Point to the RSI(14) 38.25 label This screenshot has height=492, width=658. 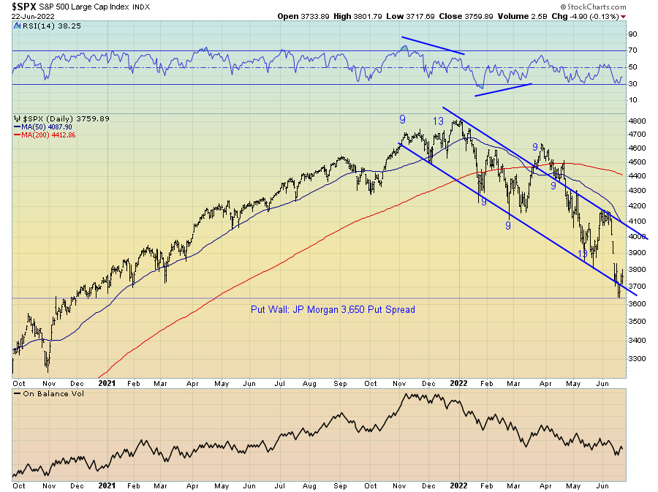click(x=41, y=24)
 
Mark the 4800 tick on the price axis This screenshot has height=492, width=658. click(x=637, y=121)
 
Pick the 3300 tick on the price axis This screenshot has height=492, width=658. click(x=637, y=359)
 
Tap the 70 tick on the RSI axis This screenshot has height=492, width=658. click(x=632, y=50)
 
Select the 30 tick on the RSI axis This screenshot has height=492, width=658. click(x=632, y=84)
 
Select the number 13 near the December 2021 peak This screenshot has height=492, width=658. click(x=438, y=121)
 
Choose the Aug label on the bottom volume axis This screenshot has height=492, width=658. click(x=309, y=485)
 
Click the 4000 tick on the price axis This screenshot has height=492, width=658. click(x=637, y=237)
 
